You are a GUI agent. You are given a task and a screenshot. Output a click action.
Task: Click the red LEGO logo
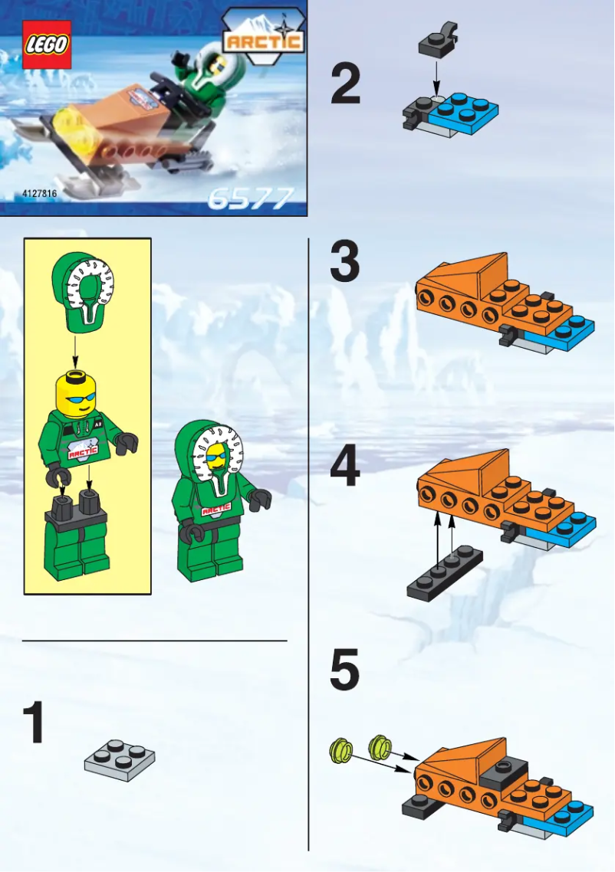coord(47,44)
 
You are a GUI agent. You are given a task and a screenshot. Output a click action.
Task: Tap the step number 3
coord(345,262)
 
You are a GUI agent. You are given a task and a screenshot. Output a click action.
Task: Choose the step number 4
coord(345,468)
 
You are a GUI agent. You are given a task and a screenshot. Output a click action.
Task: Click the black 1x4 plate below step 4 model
coord(445,573)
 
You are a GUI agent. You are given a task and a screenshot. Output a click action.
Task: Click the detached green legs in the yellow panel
coord(76,541)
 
